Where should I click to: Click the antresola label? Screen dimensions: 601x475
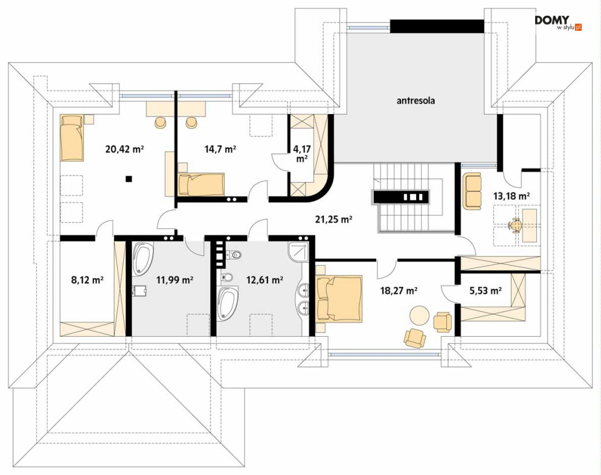click(416, 101)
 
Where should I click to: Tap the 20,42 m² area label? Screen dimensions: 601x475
click(124, 148)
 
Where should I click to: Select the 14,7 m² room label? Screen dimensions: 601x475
click(220, 148)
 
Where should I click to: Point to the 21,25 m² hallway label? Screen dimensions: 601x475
click(333, 219)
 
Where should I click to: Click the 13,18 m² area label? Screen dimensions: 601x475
click(512, 196)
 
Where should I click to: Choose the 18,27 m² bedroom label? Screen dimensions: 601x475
click(399, 290)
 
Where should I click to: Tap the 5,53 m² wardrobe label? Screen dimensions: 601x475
click(486, 290)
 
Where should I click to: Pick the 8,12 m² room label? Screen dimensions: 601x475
click(88, 279)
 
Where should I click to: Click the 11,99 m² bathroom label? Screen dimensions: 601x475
click(174, 279)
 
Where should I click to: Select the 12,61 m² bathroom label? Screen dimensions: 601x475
click(265, 279)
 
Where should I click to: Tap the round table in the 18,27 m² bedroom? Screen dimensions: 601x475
click(419, 315)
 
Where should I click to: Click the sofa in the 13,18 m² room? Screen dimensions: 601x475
click(472, 191)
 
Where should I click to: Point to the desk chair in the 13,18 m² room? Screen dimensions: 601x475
click(515, 225)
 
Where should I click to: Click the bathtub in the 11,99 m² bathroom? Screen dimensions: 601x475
click(143, 258)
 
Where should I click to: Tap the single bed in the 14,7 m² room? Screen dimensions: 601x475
click(201, 185)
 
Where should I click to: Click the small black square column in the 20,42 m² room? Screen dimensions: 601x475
click(129, 178)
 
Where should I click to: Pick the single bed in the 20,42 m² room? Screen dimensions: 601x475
click(72, 138)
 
